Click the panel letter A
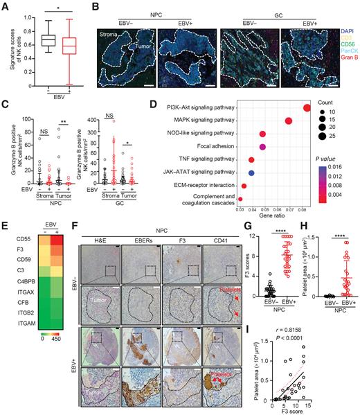(6, 6)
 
